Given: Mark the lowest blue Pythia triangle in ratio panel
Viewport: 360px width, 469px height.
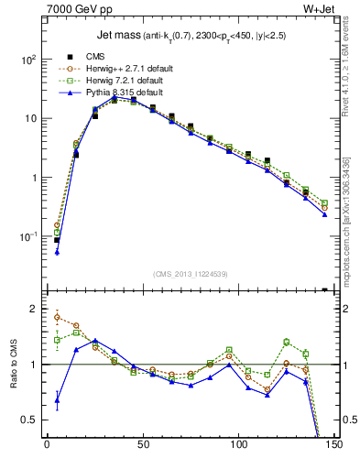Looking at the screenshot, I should [x=57, y=400].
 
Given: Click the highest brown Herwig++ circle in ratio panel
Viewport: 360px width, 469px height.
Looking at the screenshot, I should [x=57, y=317].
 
